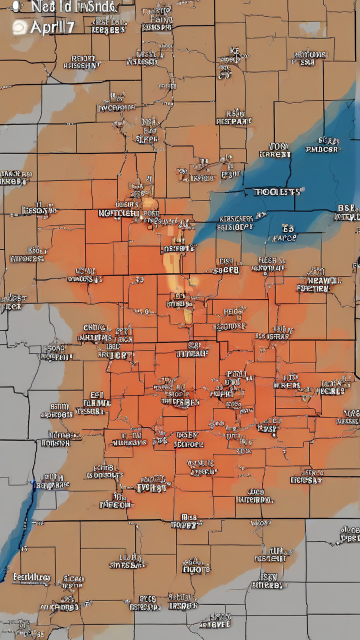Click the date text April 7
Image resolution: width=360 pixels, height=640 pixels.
(x=52, y=27)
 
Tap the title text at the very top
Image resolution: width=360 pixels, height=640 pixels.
(x=74, y=6)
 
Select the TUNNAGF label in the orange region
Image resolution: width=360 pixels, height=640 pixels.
(x=192, y=353)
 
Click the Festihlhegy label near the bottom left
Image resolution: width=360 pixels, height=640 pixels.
(x=31, y=577)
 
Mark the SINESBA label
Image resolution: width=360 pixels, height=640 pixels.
(x=127, y=564)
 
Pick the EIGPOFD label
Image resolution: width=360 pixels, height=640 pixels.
(x=196, y=569)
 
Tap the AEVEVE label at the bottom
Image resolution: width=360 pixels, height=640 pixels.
(x=214, y=624)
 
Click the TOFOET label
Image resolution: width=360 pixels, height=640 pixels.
(x=186, y=524)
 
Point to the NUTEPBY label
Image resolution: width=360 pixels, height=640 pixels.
(x=254, y=499)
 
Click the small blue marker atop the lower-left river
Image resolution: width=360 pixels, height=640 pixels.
(x=32, y=482)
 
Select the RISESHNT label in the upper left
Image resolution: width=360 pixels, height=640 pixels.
(x=82, y=65)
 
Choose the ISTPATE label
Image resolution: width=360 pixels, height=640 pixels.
(x=234, y=121)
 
